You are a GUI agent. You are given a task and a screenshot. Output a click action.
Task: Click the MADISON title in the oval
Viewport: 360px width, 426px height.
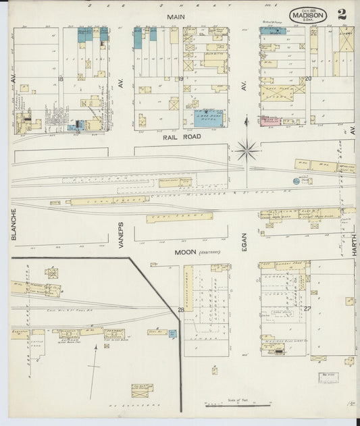(309, 16)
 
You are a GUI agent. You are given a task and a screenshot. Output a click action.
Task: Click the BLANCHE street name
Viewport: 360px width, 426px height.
(13, 223)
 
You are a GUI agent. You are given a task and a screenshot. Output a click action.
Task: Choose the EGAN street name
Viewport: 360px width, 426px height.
(245, 240)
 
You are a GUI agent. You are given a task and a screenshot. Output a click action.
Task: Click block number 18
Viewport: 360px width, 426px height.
(61, 79)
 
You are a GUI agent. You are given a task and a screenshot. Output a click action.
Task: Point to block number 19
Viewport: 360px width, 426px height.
(181, 79)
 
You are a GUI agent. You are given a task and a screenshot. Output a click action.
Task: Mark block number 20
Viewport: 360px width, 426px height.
(307, 78)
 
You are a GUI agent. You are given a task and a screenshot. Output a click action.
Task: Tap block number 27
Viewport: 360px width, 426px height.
(307, 309)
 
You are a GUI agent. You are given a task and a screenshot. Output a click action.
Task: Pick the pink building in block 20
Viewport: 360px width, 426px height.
(271, 121)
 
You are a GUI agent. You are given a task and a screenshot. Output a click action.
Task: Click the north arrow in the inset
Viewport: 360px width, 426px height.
(96, 365)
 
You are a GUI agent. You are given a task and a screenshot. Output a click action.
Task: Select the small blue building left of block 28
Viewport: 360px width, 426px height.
(173, 333)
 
